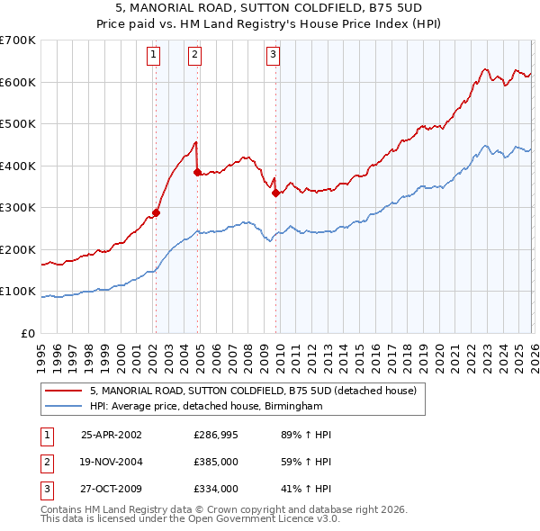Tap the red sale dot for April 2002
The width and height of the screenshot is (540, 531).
tap(156, 213)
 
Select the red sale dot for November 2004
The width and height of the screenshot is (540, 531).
tap(197, 172)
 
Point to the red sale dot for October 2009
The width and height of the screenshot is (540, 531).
tap(275, 193)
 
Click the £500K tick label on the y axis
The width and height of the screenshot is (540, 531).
tap(18, 123)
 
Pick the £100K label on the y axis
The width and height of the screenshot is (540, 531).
tap(18, 292)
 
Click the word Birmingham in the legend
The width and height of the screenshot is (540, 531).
tap(292, 407)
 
